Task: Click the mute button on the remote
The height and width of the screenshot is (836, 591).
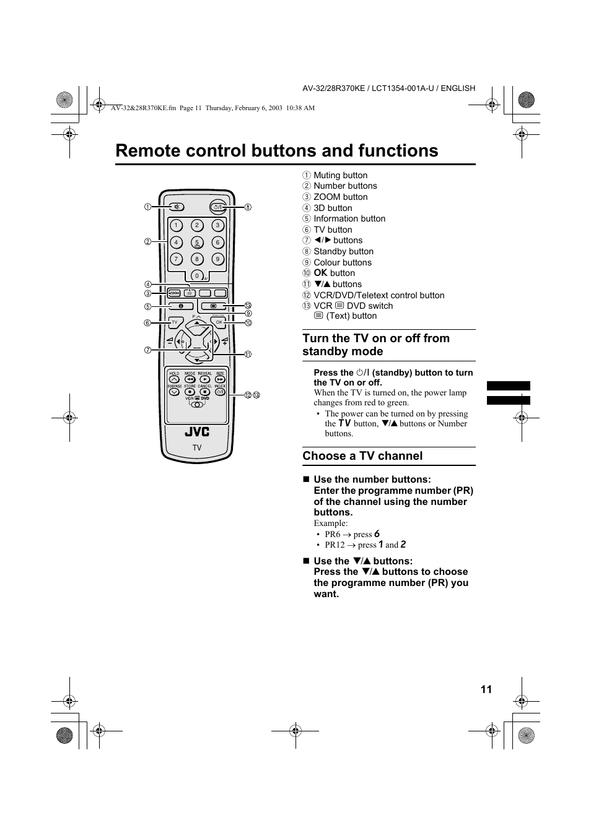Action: coord(177,207)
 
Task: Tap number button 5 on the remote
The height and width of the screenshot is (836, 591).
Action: coord(197,243)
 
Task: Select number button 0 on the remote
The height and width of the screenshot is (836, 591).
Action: coord(197,276)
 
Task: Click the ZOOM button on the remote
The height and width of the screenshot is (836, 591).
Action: coord(174,293)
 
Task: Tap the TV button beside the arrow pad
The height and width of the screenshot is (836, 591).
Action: coord(174,322)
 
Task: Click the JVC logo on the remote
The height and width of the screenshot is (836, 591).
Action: coord(197,432)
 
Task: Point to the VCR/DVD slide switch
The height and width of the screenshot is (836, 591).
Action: coord(197,404)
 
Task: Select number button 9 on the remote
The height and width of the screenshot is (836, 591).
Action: coord(217,259)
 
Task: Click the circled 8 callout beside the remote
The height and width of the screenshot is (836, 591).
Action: coord(248,207)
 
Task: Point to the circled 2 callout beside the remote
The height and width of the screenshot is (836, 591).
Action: coord(148,241)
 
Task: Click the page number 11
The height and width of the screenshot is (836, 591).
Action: coord(486,689)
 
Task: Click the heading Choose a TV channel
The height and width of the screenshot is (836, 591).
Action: coord(362,456)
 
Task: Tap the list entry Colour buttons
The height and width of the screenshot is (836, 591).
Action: coord(342,262)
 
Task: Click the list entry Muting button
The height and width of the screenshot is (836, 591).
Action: coord(340,175)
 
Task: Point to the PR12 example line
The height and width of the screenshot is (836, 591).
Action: coord(365,545)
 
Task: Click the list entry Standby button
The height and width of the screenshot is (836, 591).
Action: coord(343,251)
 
